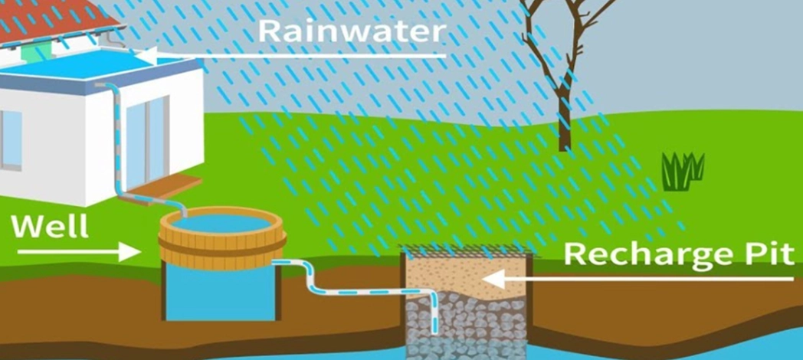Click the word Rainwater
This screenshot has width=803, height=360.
coord(351,31)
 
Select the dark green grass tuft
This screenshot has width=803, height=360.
coord(683,170)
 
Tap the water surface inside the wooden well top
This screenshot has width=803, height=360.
coord(221,223)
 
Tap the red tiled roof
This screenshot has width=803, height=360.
coord(57,18)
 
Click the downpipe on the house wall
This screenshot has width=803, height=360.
coord(119,149)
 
